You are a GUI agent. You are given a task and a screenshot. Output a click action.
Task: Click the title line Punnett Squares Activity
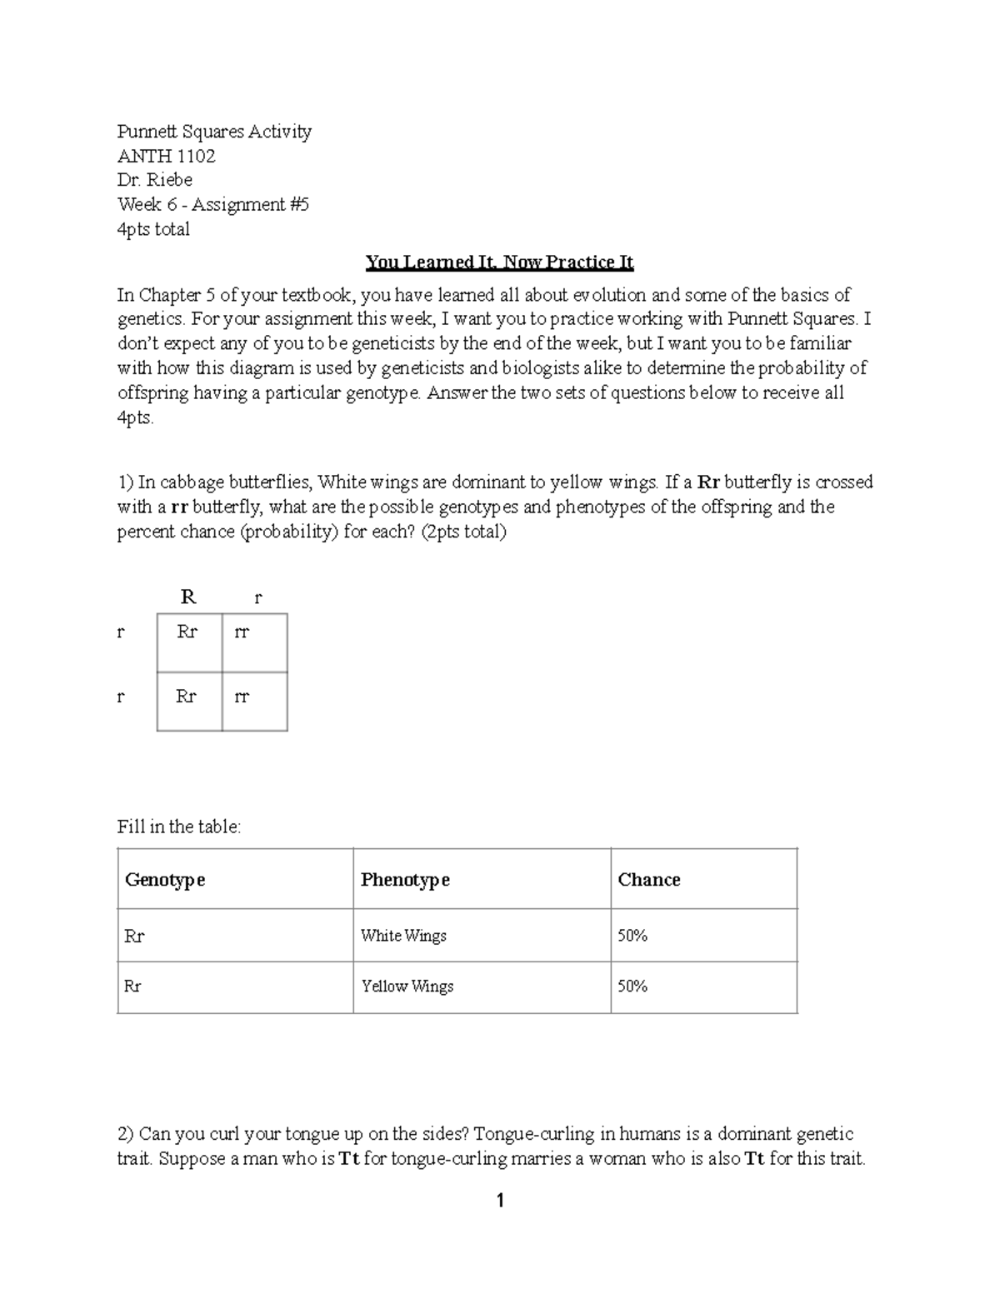click(x=214, y=132)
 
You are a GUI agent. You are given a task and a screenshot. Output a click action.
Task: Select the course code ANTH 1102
click(x=166, y=156)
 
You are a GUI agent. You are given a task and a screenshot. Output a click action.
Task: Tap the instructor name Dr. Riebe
click(x=155, y=180)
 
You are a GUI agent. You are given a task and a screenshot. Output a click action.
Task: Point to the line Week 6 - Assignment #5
click(x=213, y=204)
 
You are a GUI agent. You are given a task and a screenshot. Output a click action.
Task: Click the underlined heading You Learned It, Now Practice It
click(x=499, y=262)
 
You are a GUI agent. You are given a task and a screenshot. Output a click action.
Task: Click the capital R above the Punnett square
click(x=188, y=597)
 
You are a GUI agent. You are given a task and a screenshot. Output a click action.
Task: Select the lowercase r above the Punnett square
click(x=257, y=597)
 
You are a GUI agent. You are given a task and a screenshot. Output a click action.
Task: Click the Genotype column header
click(x=165, y=880)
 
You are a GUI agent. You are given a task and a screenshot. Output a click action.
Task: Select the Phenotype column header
click(x=405, y=880)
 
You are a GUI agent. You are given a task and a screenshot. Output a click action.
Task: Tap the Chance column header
click(x=648, y=880)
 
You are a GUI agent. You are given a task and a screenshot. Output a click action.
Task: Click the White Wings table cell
click(x=403, y=936)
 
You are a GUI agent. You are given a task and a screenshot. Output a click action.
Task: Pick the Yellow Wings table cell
click(x=407, y=987)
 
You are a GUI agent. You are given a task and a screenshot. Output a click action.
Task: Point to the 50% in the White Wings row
click(x=632, y=936)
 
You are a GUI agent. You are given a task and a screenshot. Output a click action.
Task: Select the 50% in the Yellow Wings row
click(x=632, y=987)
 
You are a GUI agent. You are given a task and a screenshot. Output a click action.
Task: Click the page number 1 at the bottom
click(x=500, y=1201)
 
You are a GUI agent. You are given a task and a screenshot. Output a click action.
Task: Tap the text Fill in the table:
click(x=179, y=827)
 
